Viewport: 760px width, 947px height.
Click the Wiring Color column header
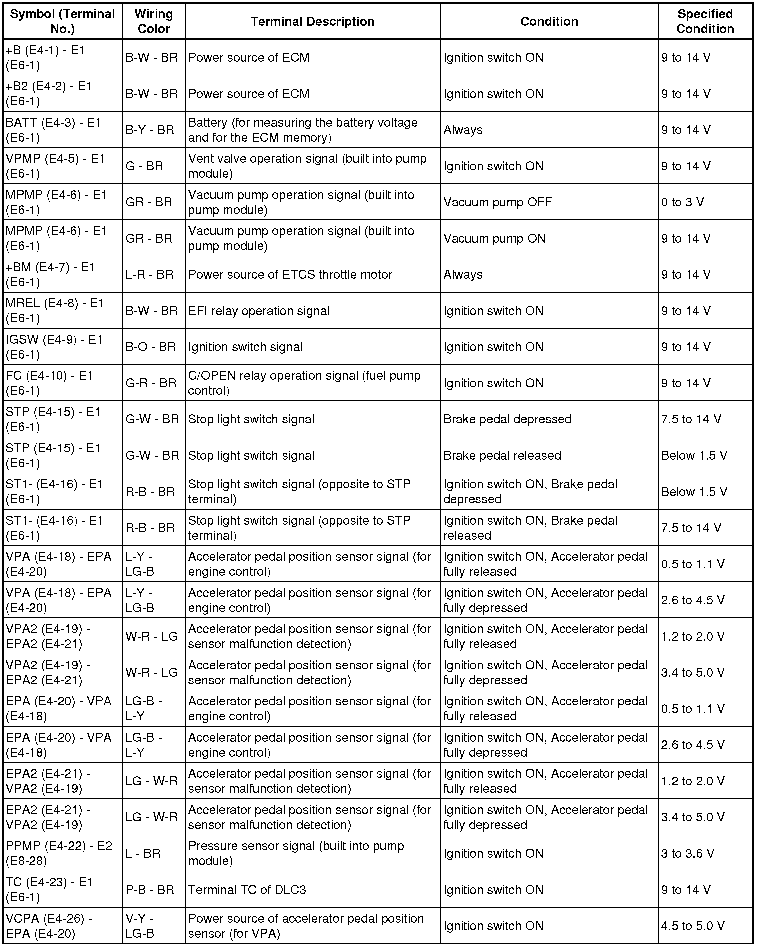(x=153, y=21)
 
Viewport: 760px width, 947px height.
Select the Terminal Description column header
(x=312, y=22)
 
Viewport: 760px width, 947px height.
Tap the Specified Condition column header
(x=705, y=21)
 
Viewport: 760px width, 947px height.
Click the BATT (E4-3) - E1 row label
(x=54, y=130)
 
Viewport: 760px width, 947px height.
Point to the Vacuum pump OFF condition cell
(x=497, y=202)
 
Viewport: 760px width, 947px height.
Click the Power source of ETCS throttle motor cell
(x=290, y=275)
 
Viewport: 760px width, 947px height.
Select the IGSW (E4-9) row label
(x=54, y=347)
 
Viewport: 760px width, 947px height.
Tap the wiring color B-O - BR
(x=151, y=347)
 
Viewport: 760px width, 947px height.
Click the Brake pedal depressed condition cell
(x=507, y=419)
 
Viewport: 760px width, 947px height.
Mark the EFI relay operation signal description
(x=259, y=311)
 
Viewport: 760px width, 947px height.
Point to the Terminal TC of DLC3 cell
(x=247, y=890)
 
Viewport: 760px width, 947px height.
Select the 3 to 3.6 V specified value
(x=687, y=853)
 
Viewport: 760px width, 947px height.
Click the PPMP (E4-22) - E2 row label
(x=59, y=853)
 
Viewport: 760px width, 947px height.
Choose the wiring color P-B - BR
(x=150, y=890)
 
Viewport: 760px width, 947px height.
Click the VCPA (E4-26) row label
(x=49, y=926)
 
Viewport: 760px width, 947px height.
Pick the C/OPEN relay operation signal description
(x=304, y=383)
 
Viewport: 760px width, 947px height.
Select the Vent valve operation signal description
(x=307, y=166)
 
